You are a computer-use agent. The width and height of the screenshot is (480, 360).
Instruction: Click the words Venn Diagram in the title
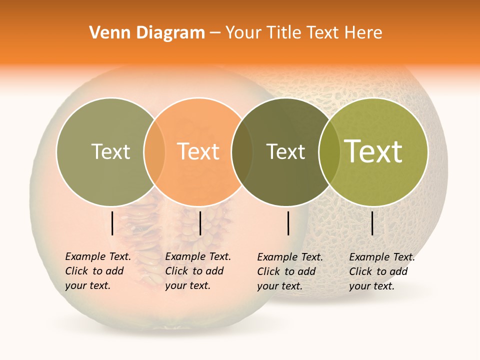click(x=147, y=33)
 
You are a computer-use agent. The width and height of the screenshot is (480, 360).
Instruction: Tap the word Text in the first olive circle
click(x=110, y=151)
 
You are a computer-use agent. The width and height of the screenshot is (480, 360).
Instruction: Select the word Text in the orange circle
click(x=198, y=151)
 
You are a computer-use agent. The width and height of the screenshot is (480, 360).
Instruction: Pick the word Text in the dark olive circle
click(x=285, y=151)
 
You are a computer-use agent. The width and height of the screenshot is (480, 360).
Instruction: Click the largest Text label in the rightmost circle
click(x=373, y=151)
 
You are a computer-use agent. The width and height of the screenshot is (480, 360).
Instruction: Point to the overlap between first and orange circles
click(x=154, y=151)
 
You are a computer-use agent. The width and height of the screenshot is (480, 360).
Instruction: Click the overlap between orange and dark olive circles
click(x=242, y=151)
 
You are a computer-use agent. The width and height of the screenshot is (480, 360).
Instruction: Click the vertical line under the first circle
click(x=112, y=223)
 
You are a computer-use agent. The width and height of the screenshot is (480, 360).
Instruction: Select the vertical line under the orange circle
click(x=200, y=223)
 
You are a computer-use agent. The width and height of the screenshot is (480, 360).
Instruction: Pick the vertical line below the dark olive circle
click(x=288, y=223)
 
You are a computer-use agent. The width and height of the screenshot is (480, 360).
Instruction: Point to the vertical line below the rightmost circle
click(x=372, y=223)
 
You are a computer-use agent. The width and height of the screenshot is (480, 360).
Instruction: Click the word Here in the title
click(x=365, y=33)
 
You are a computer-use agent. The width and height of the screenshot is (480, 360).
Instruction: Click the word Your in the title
click(x=243, y=33)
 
